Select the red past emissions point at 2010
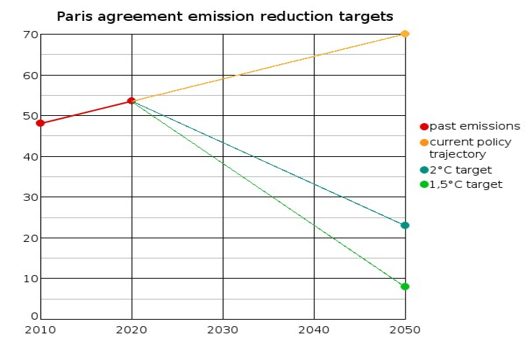[x=40, y=123]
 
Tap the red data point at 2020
[x=131, y=101]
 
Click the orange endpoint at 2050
[x=405, y=34]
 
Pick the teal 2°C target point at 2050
[x=405, y=225]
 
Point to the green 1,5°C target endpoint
[x=405, y=287]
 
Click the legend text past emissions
[x=474, y=127]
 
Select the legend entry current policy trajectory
[x=470, y=148]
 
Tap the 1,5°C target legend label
[x=465, y=184]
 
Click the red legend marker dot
[x=424, y=127]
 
